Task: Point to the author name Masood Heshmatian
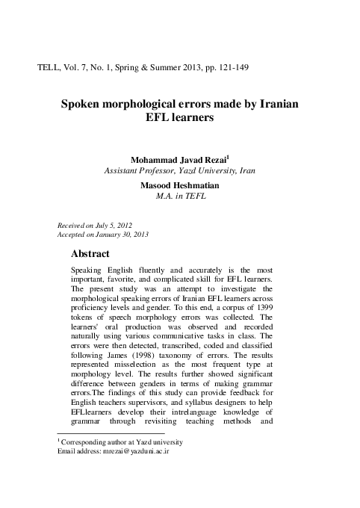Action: (x=180, y=185)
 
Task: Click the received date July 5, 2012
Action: (x=125, y=224)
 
